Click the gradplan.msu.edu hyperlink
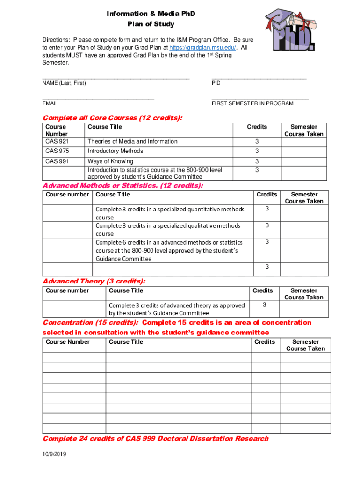pyautogui.click(x=202, y=48)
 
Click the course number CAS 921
pyautogui.click(x=56, y=141)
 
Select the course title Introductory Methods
pyautogui.click(x=115, y=151)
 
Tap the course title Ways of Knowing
pyautogui.click(x=110, y=161)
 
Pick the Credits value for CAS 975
pyautogui.click(x=257, y=151)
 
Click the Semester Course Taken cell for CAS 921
pyautogui.click(x=304, y=141)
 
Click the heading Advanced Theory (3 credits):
pyautogui.click(x=94, y=281)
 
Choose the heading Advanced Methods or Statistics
pyautogui.click(x=123, y=186)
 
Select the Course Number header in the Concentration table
pyautogui.click(x=68, y=342)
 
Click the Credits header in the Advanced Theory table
pyautogui.click(x=263, y=290)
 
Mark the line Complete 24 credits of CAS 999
pyautogui.click(x=156, y=438)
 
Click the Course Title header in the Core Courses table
pyautogui.click(x=105, y=127)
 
